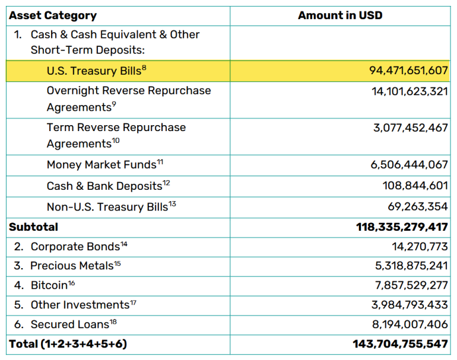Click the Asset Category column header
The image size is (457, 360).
[x=53, y=15]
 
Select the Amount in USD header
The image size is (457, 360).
[x=340, y=15]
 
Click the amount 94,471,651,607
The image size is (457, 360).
[x=408, y=71]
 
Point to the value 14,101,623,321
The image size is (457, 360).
[x=410, y=91]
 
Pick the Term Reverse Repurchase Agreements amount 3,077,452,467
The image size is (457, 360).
[x=410, y=128]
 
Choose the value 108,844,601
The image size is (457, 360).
[x=415, y=186]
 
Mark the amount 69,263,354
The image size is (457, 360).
[x=418, y=207]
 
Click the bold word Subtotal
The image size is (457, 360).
[x=34, y=227]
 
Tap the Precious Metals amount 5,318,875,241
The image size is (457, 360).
[x=411, y=266]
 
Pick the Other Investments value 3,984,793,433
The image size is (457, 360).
[x=411, y=305]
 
